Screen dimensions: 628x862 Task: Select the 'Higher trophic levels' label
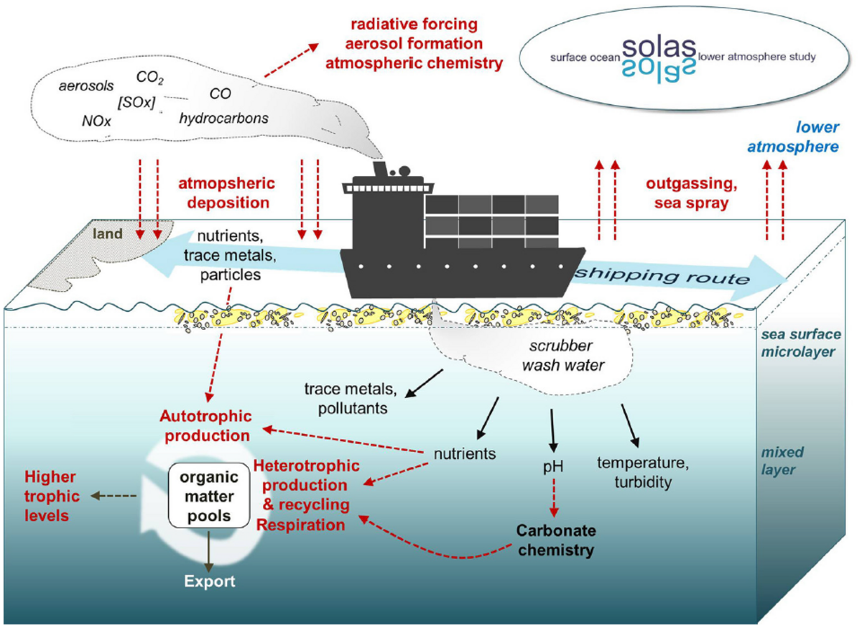tap(50, 496)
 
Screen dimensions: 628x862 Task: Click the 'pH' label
tap(553, 468)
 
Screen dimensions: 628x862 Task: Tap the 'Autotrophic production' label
tap(205, 425)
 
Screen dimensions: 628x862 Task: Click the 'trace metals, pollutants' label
tap(345, 399)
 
